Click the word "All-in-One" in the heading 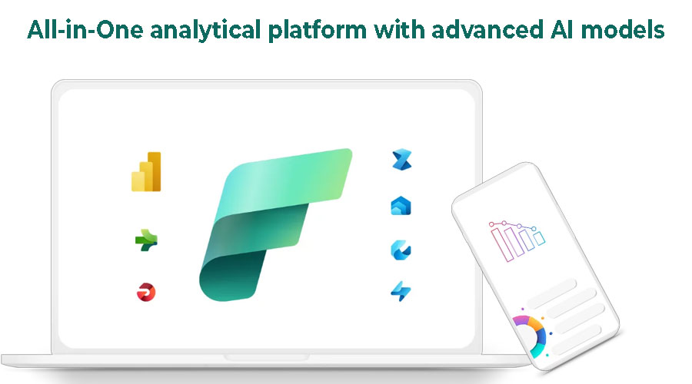85,30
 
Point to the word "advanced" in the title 487,30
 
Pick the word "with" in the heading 399,30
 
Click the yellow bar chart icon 146,171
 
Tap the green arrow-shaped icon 146,240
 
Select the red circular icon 146,292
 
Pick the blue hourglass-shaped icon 401,160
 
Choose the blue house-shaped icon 401,206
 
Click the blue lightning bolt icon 401,291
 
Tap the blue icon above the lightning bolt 401,250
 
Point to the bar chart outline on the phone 517,240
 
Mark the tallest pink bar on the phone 502,245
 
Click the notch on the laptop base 266,356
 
